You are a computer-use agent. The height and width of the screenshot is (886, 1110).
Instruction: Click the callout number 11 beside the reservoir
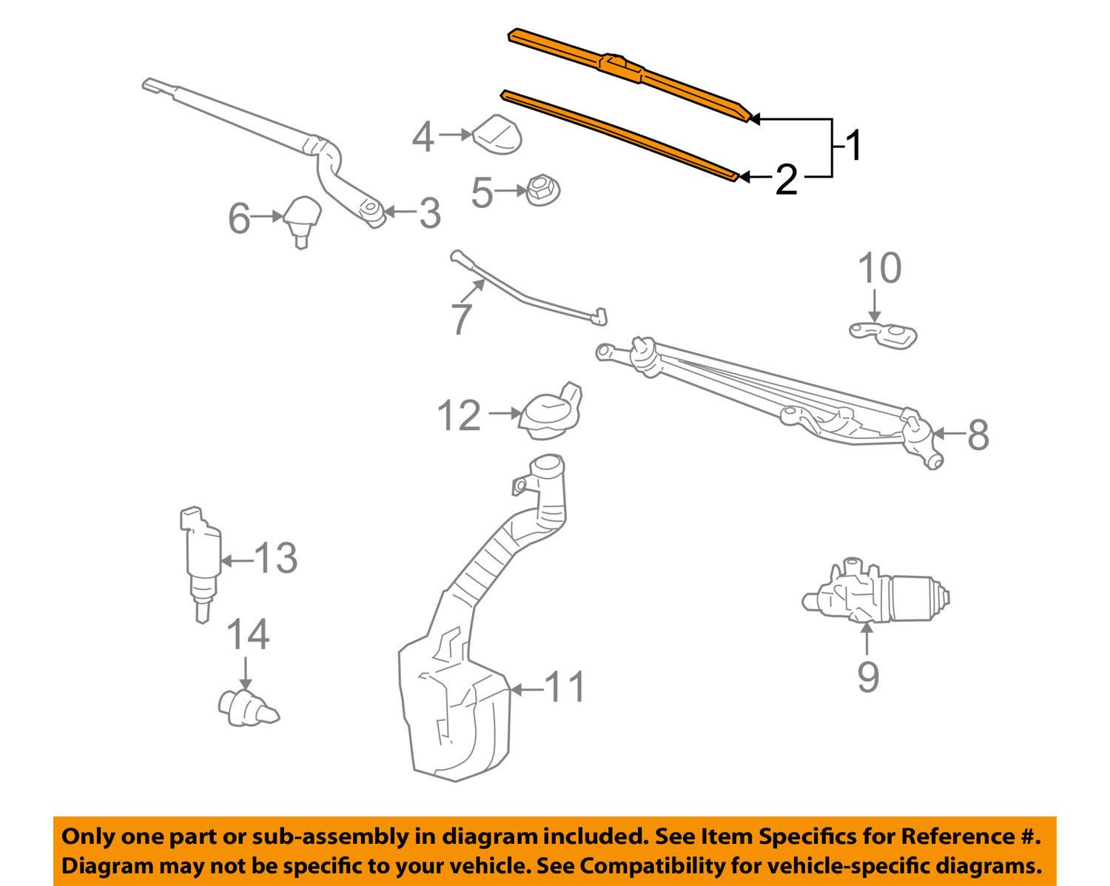[565, 688]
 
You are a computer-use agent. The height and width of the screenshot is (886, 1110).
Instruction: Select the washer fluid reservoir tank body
[453, 711]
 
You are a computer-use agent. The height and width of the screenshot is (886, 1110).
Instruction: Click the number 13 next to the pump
[275, 558]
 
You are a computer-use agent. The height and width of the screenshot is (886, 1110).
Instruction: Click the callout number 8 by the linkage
[978, 434]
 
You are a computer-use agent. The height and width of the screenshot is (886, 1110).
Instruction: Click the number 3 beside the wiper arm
[429, 214]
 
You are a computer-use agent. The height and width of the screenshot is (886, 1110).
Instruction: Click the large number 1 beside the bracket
[853, 146]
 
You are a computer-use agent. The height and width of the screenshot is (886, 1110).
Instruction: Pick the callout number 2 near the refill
[786, 180]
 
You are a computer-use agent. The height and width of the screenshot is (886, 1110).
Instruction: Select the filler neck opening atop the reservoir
[546, 466]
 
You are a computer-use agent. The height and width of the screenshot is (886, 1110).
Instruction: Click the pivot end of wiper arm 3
[373, 214]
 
